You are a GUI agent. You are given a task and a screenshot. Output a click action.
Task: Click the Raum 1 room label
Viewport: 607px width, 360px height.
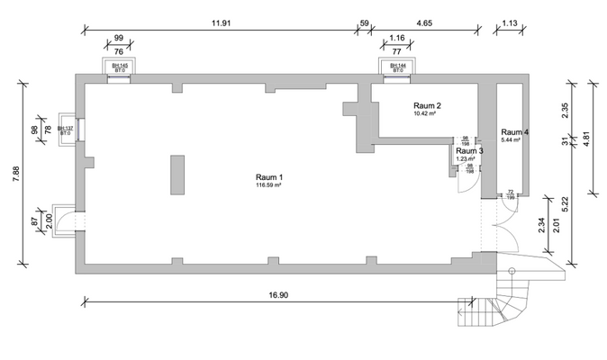(x=269, y=176)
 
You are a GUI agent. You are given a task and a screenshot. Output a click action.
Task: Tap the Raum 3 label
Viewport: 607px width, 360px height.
(x=469, y=150)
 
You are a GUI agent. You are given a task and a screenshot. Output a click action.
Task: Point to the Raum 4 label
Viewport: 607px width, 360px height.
(x=514, y=132)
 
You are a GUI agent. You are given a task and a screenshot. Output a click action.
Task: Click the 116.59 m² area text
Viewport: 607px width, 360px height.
(x=269, y=185)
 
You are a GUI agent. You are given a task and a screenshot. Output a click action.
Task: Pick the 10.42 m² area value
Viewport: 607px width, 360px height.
(x=424, y=114)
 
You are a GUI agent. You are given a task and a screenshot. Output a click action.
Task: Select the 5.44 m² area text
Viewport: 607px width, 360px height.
(x=512, y=141)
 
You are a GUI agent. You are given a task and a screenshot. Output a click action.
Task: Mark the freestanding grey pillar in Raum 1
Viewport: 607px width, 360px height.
(x=178, y=175)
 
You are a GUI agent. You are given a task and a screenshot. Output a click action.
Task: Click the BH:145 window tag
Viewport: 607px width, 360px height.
(x=118, y=67)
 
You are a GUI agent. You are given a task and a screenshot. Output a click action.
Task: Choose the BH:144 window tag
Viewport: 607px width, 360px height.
(x=396, y=67)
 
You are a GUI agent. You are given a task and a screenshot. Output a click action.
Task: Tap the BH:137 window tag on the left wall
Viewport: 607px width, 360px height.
(x=65, y=130)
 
